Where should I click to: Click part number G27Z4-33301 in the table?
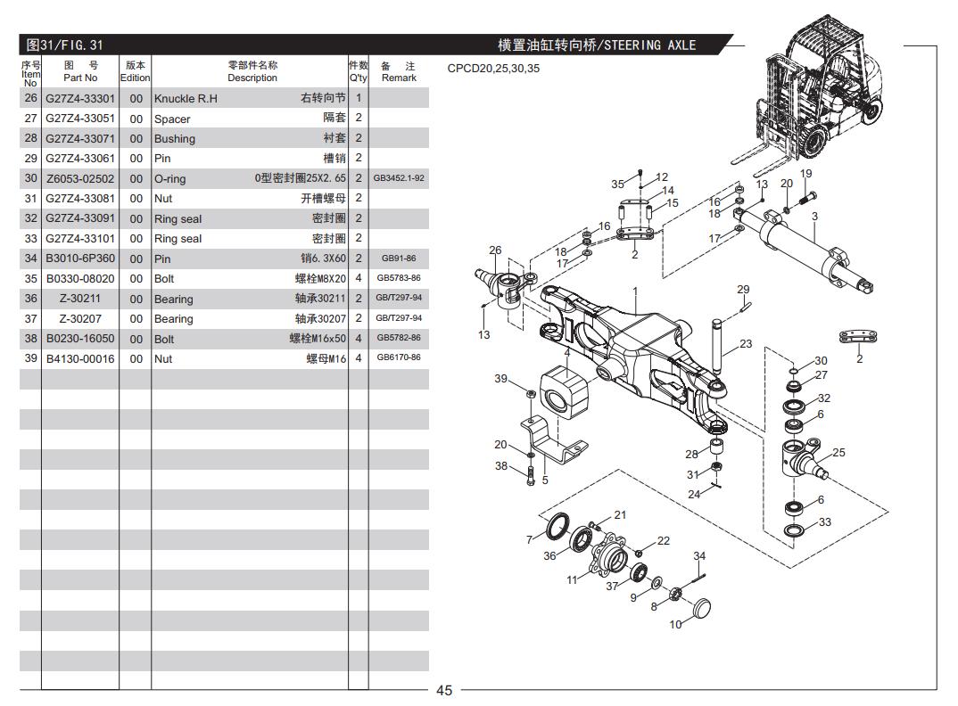[80, 99]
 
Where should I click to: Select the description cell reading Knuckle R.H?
[186, 99]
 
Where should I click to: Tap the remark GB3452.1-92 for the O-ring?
[399, 178]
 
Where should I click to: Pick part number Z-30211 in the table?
[80, 299]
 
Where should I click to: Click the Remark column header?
[399, 71]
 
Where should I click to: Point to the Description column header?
[252, 71]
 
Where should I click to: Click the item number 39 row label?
[30, 358]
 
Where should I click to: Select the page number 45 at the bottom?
[444, 690]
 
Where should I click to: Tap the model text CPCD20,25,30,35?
[493, 69]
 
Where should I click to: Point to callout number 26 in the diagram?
[495, 250]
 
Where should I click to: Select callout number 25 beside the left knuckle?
[838, 453]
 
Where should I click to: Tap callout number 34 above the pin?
[699, 556]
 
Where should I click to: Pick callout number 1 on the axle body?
[635, 291]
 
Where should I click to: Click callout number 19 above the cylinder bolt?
[805, 174]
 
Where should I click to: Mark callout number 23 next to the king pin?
[746, 344]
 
